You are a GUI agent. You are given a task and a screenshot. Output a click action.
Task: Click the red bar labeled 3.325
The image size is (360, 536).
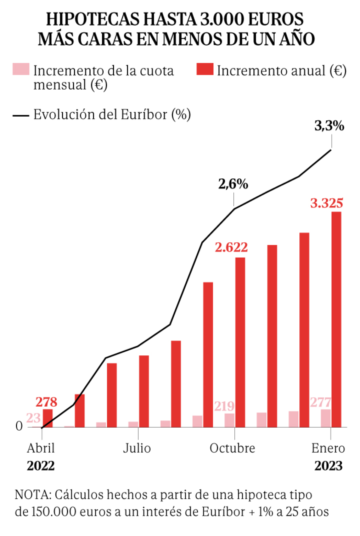336,319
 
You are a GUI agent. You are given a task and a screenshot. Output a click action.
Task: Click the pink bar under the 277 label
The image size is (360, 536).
325,418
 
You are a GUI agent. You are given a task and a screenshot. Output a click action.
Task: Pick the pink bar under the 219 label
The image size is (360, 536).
229,420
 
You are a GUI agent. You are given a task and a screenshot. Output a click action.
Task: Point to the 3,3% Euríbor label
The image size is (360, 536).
329,126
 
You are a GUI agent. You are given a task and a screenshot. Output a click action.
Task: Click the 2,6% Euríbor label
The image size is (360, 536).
233,184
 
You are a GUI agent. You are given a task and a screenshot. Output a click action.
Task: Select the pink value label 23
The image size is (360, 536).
33,418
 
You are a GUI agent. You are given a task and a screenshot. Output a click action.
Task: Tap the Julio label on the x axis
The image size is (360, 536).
137,449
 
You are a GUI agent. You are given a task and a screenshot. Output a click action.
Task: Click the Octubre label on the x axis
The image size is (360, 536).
232,449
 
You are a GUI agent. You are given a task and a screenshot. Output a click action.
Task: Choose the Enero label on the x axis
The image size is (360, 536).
329,449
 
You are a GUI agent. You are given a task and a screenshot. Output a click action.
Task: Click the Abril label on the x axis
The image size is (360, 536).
41,449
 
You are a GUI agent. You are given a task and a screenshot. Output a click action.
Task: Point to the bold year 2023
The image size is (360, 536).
329,466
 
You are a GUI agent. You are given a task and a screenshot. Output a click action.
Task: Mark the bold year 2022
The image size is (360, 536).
41,466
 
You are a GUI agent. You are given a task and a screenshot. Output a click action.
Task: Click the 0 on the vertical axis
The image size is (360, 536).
19,427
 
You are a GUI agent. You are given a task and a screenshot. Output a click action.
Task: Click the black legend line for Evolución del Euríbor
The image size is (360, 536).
20,115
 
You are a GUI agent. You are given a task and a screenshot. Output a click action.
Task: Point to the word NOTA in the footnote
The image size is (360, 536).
30,494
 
